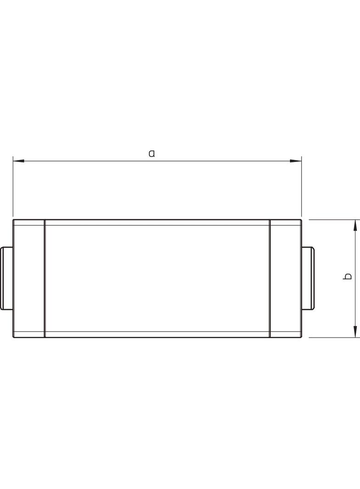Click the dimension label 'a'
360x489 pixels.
[x=152, y=153]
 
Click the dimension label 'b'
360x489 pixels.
[x=347, y=276]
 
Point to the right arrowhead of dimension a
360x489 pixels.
[x=296, y=161]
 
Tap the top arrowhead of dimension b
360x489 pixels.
[x=355, y=225]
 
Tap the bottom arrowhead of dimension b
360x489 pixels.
[x=355, y=332]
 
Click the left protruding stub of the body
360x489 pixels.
[x=7, y=278]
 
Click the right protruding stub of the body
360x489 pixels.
[x=308, y=278]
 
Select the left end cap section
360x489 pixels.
[x=29, y=278]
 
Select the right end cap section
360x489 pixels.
[x=285, y=278]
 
